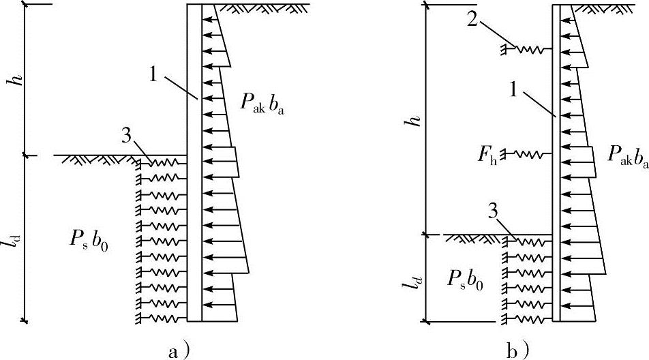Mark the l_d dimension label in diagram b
414,279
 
